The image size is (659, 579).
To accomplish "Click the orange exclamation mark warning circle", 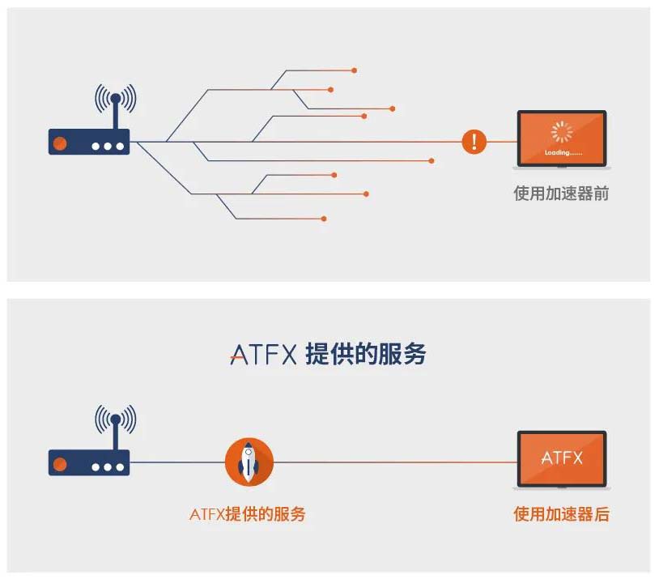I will (474, 142).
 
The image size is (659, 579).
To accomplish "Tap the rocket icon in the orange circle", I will (249, 462).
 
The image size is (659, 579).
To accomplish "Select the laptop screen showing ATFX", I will (562, 458).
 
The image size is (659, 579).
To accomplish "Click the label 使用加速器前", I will (561, 194).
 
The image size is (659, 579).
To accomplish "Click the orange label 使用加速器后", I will (561, 514).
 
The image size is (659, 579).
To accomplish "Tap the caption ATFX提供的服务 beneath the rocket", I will (248, 514).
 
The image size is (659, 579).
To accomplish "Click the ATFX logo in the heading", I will (264, 355).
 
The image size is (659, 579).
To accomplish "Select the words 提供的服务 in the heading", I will (366, 354).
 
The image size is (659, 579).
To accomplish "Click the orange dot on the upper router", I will (60, 144).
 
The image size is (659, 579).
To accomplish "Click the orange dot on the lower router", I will (60, 465).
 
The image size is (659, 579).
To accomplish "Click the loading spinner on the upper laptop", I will (561, 132).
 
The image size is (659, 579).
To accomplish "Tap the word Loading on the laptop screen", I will (561, 153).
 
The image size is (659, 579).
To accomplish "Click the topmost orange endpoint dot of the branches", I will (355, 70).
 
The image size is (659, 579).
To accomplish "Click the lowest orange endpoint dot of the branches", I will (324, 219).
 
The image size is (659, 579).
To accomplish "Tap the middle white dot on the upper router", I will (108, 147).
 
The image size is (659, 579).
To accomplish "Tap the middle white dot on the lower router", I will (108, 467).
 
